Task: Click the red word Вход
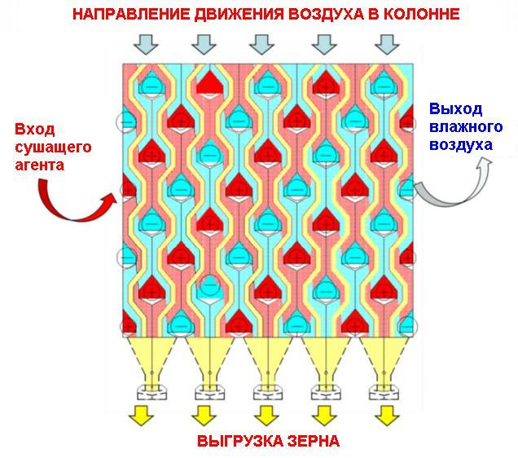coord(33,130)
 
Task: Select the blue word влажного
coord(467,127)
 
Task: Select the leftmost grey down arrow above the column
coord(144,42)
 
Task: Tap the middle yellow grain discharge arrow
coord(265,417)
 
